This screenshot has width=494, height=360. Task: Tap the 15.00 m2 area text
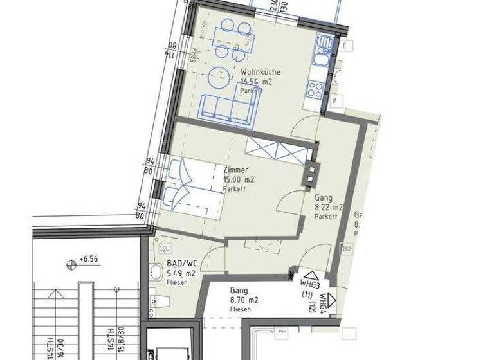[x=239, y=180]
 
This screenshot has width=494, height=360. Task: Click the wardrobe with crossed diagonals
[x=277, y=150]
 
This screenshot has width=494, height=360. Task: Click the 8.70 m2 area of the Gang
[x=244, y=300]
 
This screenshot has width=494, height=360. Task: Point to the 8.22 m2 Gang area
[x=328, y=208]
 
